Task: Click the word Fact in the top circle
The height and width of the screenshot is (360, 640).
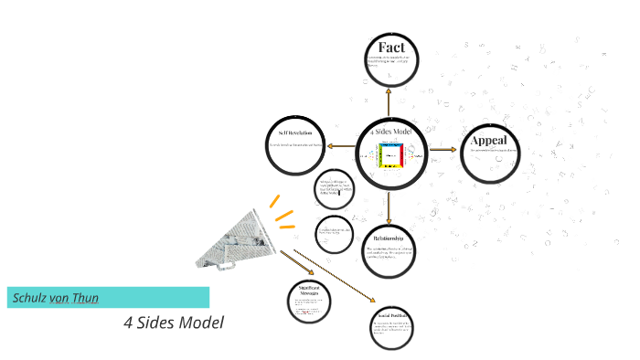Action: (x=391, y=48)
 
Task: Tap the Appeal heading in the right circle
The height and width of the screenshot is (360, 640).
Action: (x=495, y=141)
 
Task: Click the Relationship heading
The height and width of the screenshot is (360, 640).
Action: (x=389, y=238)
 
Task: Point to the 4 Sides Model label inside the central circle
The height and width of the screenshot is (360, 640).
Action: (x=391, y=132)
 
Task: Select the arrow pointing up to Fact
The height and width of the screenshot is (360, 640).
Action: (x=389, y=101)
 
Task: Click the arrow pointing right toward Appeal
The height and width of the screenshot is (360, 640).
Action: (x=443, y=148)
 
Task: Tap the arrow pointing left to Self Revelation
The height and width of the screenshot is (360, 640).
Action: (x=341, y=146)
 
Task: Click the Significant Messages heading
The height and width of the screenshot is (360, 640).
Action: (x=307, y=291)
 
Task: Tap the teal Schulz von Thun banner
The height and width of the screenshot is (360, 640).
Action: (x=108, y=297)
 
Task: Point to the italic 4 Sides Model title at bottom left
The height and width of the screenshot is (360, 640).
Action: (x=173, y=323)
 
